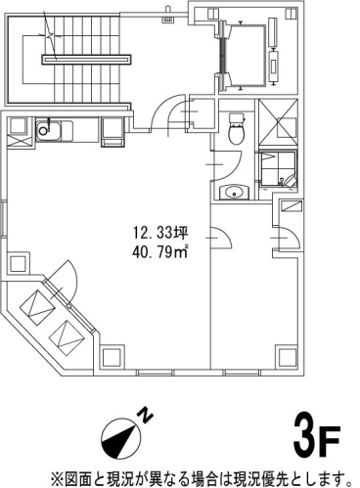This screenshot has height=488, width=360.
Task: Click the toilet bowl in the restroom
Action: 237,129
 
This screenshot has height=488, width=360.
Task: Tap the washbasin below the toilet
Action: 234,192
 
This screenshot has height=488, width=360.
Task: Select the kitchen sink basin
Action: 48,131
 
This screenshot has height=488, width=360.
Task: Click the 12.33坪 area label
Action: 160,233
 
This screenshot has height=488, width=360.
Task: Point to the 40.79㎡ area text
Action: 160,252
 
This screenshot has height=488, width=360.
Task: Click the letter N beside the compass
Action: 146,415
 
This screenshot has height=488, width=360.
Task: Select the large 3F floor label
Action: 317,436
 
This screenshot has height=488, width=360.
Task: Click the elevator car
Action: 245,56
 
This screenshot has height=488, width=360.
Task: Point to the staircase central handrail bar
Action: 86,60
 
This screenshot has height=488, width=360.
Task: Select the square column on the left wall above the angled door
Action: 18,263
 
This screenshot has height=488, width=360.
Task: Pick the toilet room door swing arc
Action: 227,165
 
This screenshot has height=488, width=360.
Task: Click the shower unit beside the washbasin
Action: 278,170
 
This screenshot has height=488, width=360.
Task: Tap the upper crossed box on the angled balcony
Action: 36,307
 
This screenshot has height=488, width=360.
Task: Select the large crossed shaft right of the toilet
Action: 278,122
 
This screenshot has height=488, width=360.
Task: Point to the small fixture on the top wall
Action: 168,15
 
